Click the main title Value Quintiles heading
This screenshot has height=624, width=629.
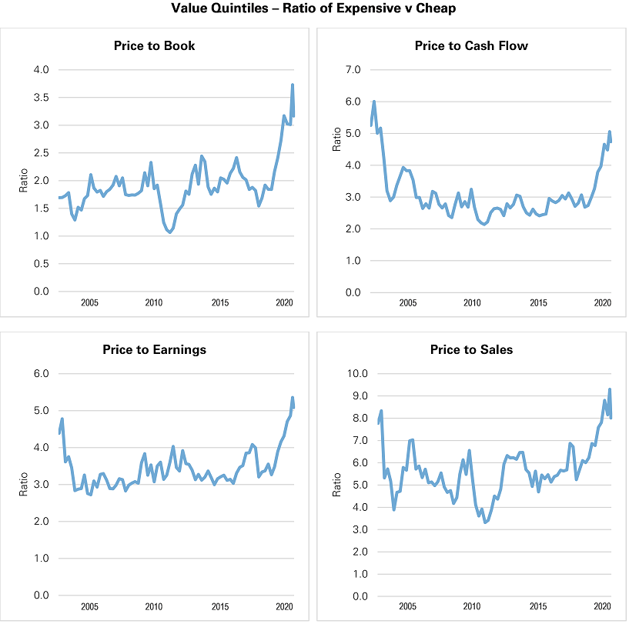[x=314, y=10]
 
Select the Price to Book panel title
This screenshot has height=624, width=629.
[x=154, y=45]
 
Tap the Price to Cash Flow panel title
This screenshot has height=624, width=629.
[x=471, y=45]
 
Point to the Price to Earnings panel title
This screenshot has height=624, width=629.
[x=154, y=349]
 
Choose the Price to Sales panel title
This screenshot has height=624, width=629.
[x=471, y=349]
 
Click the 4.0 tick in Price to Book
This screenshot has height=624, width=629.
[x=42, y=70]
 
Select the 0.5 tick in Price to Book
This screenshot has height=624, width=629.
[x=42, y=264]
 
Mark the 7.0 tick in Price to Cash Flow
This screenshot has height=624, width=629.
[x=353, y=70]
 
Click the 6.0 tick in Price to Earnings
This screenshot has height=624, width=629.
[x=42, y=374]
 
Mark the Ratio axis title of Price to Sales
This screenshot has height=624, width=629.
[x=336, y=485]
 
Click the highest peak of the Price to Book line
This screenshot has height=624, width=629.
[x=293, y=85]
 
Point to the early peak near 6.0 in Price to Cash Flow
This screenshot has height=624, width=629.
[x=374, y=102]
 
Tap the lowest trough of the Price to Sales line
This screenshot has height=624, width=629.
[x=485, y=522]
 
